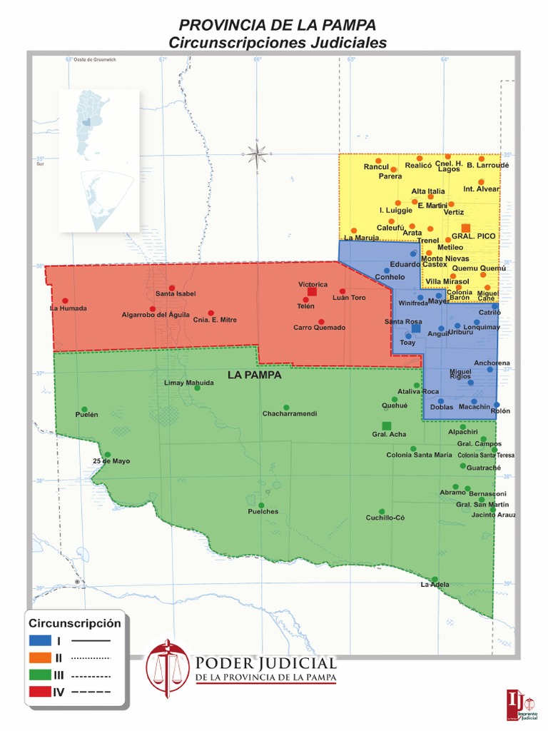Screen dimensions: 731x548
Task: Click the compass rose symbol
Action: (258, 151)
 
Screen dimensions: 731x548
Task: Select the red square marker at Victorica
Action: (312, 291)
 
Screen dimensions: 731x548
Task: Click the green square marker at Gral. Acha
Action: (386, 425)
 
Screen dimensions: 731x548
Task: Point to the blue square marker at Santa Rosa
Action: (416, 328)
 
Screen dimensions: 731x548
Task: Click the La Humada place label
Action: (68, 308)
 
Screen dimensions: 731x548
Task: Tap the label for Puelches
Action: (263, 512)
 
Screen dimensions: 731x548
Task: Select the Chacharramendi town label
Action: (289, 414)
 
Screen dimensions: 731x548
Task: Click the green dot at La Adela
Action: (435, 579)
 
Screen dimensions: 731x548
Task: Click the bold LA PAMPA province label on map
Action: (254, 375)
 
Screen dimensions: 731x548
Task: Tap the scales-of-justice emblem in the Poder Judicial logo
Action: (168, 667)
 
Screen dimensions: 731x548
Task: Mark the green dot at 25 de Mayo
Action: (108, 454)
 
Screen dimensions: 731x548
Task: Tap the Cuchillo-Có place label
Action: (385, 518)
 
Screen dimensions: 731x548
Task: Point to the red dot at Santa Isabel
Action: (172, 287)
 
